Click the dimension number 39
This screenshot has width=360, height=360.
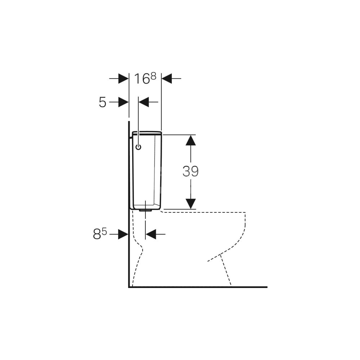(x=190, y=171)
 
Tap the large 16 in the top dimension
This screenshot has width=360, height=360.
(x=142, y=79)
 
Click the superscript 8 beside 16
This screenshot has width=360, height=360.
(x=153, y=76)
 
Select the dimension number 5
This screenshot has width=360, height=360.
(x=102, y=102)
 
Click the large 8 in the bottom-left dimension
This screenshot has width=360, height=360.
(x=97, y=234)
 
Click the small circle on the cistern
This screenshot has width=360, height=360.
(x=139, y=147)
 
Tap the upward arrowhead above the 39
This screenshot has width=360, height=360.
(x=190, y=140)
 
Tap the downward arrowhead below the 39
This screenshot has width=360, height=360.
(x=190, y=204)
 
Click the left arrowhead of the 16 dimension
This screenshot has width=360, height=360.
(x=123, y=78)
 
